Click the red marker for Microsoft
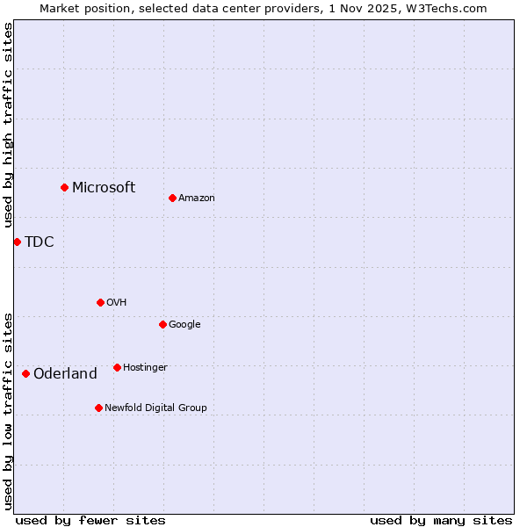tap(64, 187)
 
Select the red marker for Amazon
tap(172, 198)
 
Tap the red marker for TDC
tap(17, 242)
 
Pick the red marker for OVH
tap(100, 302)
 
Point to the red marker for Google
tap(162, 324)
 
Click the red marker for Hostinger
tap(117, 367)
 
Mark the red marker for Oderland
tap(25, 373)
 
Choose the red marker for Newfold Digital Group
tap(98, 408)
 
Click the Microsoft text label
tap(104, 187)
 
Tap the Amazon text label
tap(197, 198)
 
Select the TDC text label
tap(40, 242)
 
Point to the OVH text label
tap(117, 302)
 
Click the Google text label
tap(184, 324)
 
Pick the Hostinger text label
tap(145, 367)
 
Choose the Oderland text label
tap(65, 373)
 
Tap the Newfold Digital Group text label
tap(155, 408)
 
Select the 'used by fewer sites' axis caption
tap(90, 520)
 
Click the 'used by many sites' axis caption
tap(441, 520)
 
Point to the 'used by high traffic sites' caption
tap(8, 125)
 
